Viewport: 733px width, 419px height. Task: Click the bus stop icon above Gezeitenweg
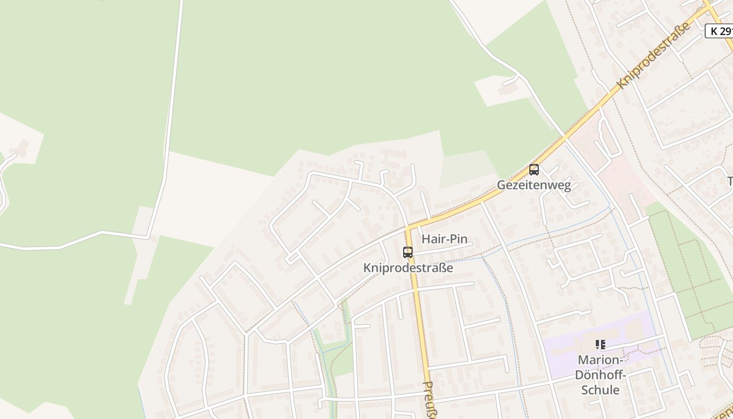click(534, 170)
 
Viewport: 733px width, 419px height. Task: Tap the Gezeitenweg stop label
click(534, 185)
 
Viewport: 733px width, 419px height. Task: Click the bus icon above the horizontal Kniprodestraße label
click(408, 252)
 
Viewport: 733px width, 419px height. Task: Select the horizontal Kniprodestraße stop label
click(408, 268)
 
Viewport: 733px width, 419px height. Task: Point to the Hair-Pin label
click(444, 239)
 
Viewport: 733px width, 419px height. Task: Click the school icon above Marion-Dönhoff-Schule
click(600, 345)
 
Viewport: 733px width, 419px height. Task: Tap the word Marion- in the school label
click(600, 360)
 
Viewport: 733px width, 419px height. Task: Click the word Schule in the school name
click(600, 390)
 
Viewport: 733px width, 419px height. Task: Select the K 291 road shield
click(720, 31)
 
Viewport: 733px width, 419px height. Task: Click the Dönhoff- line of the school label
click(600, 375)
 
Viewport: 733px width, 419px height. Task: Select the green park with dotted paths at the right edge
click(691, 272)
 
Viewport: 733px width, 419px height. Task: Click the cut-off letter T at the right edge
click(730, 181)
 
